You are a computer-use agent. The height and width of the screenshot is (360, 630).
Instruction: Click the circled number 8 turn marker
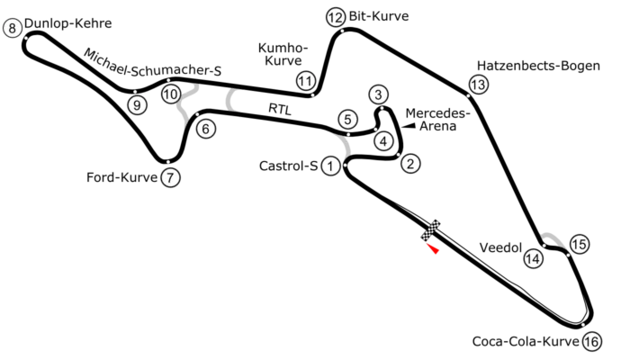[13, 28]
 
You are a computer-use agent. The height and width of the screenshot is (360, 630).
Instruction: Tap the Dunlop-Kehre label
[67, 23]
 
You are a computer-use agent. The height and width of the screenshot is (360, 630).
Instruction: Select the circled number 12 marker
[336, 17]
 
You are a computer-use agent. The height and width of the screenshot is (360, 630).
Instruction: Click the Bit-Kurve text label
[379, 16]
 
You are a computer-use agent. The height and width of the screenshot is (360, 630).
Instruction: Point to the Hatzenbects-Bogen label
[538, 66]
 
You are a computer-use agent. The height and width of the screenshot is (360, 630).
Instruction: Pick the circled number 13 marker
[478, 85]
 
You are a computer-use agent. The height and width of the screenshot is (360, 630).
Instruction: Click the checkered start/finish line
[431, 230]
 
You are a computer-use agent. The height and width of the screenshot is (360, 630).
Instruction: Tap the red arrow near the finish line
[433, 248]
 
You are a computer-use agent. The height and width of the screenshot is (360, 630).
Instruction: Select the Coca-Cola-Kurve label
[526, 341]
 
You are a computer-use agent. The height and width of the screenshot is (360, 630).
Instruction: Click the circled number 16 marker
[592, 342]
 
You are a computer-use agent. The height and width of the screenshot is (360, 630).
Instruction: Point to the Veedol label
[500, 247]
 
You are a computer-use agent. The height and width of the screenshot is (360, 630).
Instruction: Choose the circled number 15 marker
[580, 244]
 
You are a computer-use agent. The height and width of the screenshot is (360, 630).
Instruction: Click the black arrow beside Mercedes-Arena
[409, 126]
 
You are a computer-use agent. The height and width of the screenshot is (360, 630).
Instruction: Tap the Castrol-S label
[289, 166]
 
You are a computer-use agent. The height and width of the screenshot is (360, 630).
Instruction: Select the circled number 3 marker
[379, 94]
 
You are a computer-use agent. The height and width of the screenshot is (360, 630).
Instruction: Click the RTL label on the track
[280, 109]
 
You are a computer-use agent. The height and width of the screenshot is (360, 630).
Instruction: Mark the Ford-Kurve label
[121, 177]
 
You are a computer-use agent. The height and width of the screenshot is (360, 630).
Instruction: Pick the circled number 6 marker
[206, 129]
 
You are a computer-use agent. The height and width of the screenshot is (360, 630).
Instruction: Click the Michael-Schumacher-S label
[153, 64]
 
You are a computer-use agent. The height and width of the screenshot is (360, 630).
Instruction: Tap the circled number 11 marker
[306, 82]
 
